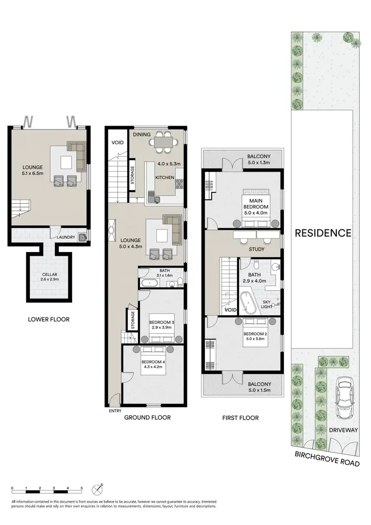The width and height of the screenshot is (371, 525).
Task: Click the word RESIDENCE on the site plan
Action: pos(323,233)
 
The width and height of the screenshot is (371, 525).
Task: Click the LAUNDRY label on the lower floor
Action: pos(66,237)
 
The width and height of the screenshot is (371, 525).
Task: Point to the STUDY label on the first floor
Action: pos(257,250)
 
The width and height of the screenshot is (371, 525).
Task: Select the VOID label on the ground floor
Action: pos(117,143)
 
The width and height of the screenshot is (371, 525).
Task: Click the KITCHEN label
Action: pos(164,176)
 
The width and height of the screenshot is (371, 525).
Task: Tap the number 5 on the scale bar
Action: pos(82,488)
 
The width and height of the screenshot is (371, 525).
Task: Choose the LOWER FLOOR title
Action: pos(48,319)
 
